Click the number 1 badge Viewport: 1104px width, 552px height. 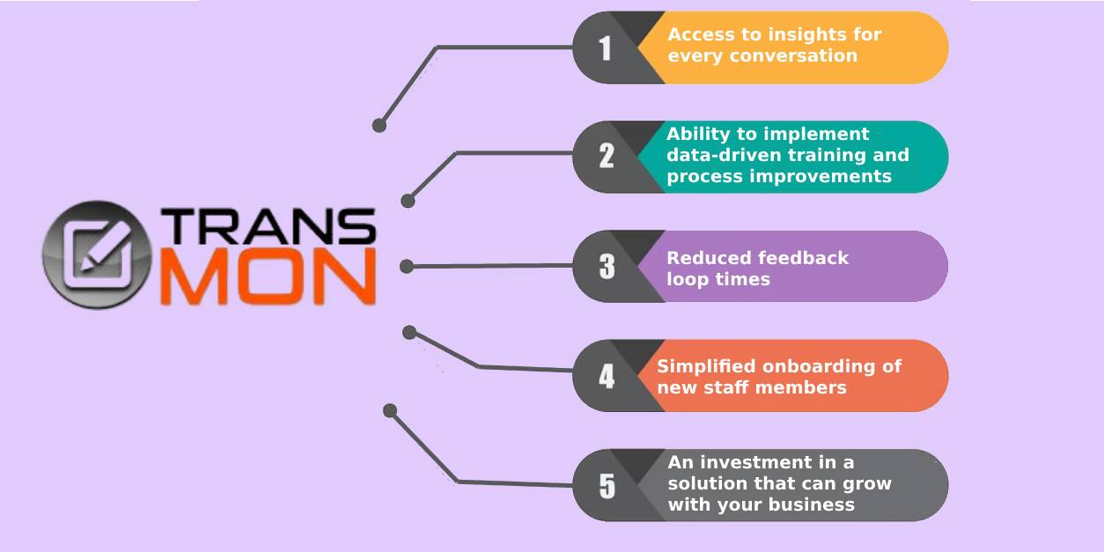click(605, 48)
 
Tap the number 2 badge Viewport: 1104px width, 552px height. click(607, 156)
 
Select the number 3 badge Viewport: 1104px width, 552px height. click(607, 266)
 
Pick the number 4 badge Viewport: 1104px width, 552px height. click(607, 376)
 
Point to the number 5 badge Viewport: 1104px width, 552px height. click(607, 486)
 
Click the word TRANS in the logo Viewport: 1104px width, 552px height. click(269, 225)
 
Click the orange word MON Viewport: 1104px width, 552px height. click(269, 276)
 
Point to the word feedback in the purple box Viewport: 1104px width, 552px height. click(803, 258)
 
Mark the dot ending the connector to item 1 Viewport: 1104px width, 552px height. click(379, 125)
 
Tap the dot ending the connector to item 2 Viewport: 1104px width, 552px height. click(408, 201)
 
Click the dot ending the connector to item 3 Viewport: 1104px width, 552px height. click(407, 267)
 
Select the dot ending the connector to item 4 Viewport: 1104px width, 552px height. click(409, 333)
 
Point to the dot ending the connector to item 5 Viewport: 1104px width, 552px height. click(390, 410)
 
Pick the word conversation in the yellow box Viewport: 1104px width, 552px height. click(793, 55)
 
